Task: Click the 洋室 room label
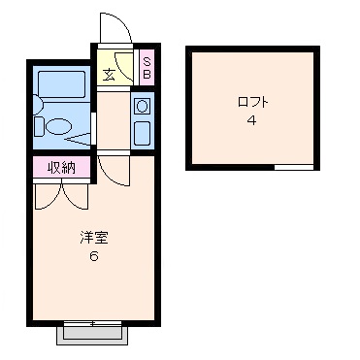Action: (x=94, y=238)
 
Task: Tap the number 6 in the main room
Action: (x=94, y=256)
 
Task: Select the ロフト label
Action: (x=252, y=102)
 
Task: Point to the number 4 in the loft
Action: (x=252, y=120)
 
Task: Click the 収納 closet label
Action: (x=61, y=167)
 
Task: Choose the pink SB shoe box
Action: (x=147, y=67)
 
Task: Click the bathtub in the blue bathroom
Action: (x=61, y=84)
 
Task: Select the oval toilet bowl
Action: (x=58, y=126)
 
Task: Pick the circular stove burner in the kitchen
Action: (x=142, y=106)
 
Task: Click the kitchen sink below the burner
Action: (x=142, y=133)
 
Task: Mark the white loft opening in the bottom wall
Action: (x=294, y=167)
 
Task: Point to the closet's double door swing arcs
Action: (x=61, y=197)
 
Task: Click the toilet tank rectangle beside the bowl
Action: (x=39, y=126)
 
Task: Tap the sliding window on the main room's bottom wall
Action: (x=93, y=323)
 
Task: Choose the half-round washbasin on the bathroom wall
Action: (x=38, y=105)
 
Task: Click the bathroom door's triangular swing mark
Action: (x=78, y=139)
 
